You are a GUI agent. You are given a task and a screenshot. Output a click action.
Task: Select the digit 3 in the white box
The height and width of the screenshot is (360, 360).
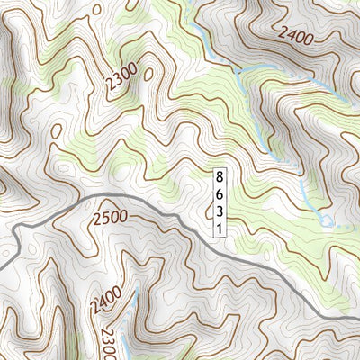point(219,211)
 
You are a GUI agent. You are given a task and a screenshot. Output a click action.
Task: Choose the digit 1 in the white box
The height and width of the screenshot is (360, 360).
point(219,228)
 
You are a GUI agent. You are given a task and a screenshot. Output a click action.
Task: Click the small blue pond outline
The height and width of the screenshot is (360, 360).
point(326,220)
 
